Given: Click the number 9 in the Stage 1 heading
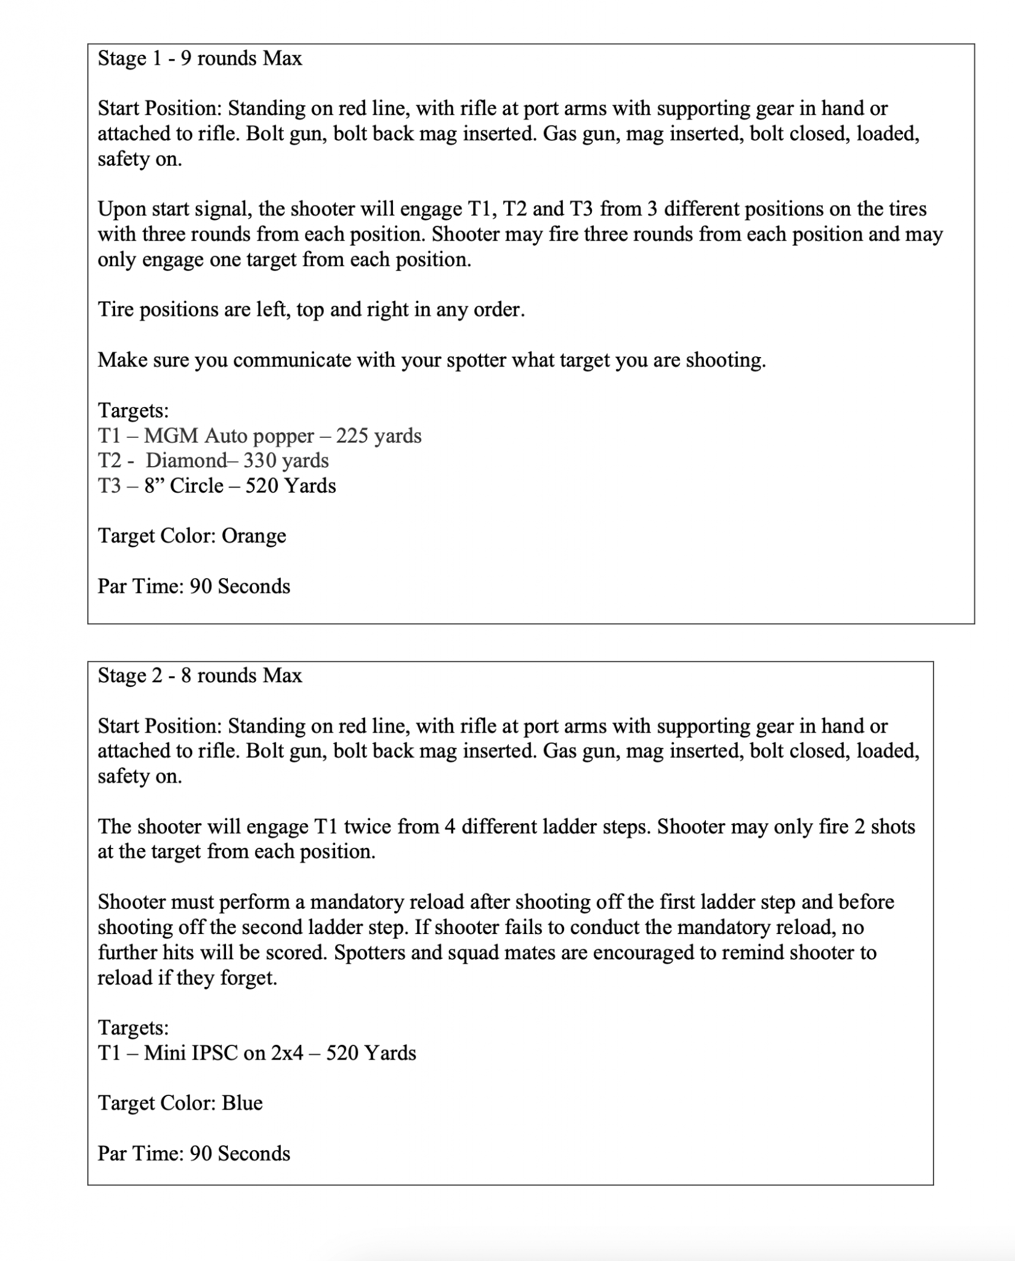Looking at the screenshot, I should click(x=185, y=58).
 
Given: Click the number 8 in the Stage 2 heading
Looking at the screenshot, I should click(x=185, y=675).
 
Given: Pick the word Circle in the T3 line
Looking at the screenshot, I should click(x=196, y=486).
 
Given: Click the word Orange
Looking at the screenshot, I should click(x=254, y=536).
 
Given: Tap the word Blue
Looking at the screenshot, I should click(x=242, y=1102).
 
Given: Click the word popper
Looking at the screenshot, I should click(x=283, y=437).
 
